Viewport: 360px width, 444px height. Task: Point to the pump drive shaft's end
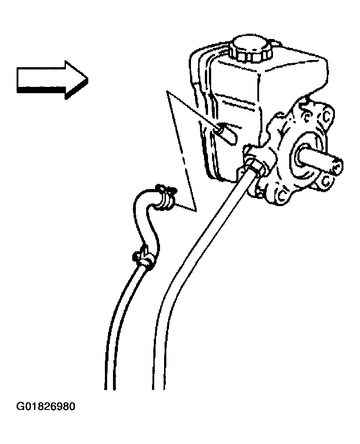coord(337,166)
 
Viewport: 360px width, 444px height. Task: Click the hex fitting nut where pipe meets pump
coord(258,165)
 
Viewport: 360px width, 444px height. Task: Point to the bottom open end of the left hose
coord(110,389)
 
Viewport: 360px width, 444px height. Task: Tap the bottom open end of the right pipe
coord(159,389)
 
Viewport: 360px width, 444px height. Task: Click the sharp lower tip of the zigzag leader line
coord(195,211)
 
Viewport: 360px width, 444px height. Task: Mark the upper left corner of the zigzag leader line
coord(167,91)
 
